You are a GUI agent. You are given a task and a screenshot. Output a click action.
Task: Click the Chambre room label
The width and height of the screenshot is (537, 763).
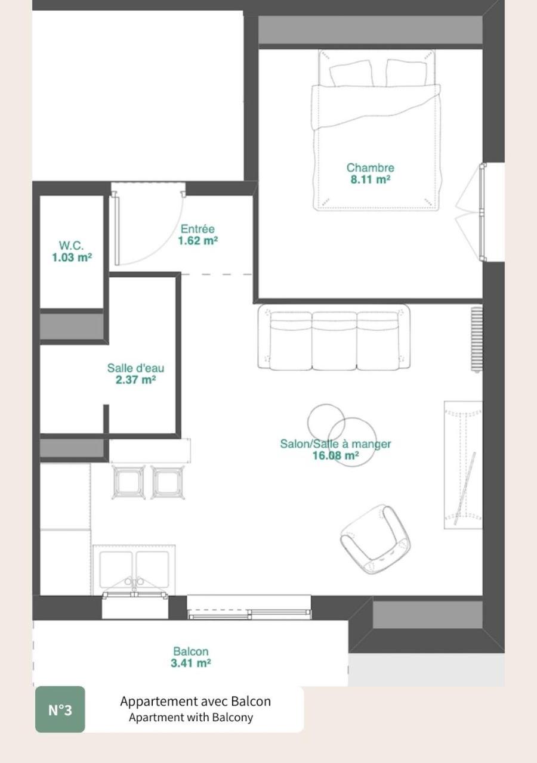point(370,168)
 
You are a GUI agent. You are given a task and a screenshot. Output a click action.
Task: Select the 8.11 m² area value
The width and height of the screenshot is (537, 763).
point(370,179)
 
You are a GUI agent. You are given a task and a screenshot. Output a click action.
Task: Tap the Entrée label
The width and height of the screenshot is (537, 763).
point(197,229)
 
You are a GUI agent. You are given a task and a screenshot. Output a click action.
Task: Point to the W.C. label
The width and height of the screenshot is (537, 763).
point(72,246)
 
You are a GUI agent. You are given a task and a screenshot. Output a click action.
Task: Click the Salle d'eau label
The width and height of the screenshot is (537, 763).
point(135,368)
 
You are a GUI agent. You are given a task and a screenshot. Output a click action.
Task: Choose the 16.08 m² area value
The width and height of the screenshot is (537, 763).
point(335,455)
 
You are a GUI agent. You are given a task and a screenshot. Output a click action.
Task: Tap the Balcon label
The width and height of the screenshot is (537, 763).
point(191,652)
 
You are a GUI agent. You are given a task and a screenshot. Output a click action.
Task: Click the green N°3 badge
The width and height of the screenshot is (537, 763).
point(60,709)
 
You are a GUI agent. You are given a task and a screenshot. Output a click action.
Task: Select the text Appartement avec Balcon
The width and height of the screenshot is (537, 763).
point(195,701)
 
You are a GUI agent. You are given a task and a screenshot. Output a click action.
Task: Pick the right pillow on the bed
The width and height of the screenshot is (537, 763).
point(406,73)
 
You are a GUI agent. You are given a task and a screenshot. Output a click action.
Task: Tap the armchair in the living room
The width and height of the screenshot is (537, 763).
point(375,539)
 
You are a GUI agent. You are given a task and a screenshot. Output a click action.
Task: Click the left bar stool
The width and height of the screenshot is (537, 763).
point(128,482)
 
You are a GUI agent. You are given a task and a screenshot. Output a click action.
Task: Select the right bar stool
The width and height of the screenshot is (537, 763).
point(167,482)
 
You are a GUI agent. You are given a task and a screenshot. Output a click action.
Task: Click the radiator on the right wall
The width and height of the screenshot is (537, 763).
point(476,339)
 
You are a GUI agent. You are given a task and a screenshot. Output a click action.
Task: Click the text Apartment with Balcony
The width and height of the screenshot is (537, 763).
point(191,718)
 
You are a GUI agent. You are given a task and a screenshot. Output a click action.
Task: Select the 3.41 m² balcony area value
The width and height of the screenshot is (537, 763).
point(191,663)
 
